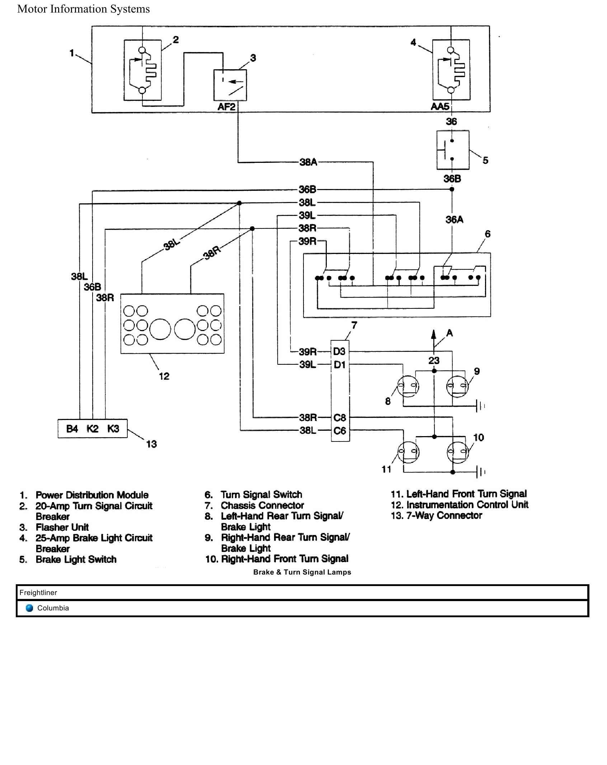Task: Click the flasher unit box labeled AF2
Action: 230,85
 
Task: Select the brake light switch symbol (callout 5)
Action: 452,150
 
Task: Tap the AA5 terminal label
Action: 440,107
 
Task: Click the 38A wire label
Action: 308,162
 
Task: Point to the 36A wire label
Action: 454,219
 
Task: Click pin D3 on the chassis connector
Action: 339,351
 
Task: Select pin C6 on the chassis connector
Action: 339,431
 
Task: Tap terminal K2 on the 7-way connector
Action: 93,429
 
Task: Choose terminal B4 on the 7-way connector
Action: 72,429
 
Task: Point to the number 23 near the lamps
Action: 434,360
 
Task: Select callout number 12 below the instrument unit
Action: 164,376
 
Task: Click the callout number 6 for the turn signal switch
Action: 487,234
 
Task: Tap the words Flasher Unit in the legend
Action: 62,527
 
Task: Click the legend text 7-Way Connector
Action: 444,515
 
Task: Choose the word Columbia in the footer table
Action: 53,608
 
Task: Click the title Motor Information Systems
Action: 84,9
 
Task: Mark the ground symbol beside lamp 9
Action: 480,406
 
